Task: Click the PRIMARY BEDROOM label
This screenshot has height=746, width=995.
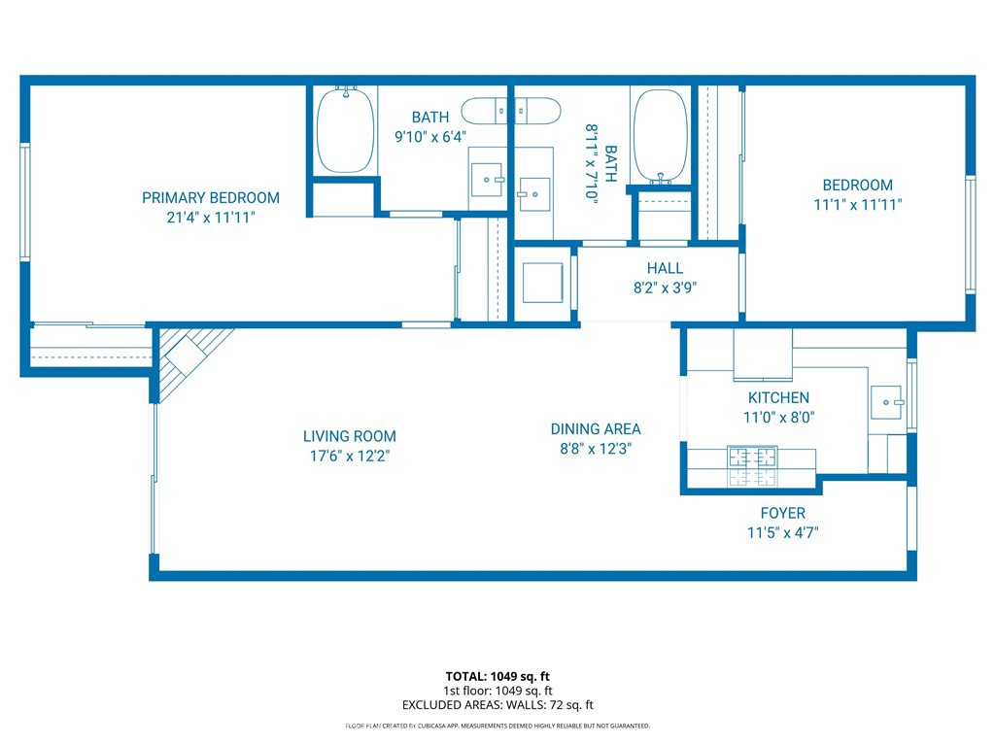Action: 211,198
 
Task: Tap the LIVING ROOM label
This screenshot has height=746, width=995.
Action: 349,436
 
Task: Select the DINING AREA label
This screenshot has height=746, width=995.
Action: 596,429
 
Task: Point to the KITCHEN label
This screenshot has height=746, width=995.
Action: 778,397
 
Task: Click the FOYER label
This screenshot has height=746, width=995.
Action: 783,513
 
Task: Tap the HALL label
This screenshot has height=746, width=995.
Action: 665,268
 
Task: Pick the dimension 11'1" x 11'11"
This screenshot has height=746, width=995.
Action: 858,205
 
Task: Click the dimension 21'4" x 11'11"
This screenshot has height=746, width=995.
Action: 211,218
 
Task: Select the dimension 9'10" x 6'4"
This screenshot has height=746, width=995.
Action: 430,137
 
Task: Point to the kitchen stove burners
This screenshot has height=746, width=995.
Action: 753,466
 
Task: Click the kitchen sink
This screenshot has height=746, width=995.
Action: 886,402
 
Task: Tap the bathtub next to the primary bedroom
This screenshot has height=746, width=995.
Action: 345,130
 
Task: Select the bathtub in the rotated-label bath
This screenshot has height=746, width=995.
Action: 661,136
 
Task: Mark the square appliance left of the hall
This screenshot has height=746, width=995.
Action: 542,283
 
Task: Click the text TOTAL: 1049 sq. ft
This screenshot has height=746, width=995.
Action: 497,676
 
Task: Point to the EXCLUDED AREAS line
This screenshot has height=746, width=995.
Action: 497,705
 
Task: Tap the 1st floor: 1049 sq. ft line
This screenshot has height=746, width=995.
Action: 497,691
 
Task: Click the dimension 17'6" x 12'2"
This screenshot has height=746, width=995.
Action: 350,457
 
